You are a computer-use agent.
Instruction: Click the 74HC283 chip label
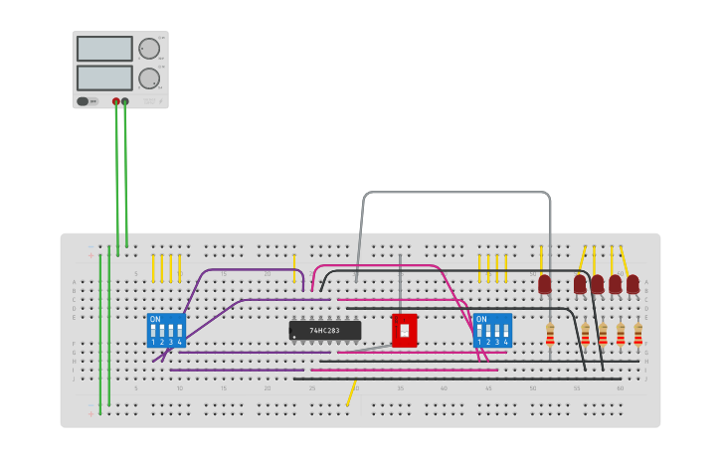point(325,330)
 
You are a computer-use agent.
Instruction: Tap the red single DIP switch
point(404,330)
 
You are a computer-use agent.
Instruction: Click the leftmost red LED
point(545,284)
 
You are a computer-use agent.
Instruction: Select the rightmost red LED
point(632,284)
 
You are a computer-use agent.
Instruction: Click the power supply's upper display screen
point(104,49)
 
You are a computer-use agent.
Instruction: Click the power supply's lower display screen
point(104,77)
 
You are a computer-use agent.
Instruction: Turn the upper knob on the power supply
point(149,49)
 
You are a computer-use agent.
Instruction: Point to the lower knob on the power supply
point(149,78)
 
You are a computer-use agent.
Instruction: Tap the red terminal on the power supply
point(116,101)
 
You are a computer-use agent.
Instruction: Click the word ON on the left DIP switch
point(155,319)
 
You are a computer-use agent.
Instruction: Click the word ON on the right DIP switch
point(481,319)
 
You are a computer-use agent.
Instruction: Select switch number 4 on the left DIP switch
point(180,332)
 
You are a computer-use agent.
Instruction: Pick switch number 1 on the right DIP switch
point(479,332)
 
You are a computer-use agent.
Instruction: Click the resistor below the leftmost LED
point(550,334)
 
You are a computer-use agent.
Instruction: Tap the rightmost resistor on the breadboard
point(637,334)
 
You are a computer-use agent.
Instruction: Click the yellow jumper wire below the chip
point(350,395)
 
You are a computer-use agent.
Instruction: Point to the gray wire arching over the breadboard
point(457,192)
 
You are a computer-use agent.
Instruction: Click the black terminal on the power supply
point(125,101)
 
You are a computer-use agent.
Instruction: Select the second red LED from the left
point(580,284)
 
